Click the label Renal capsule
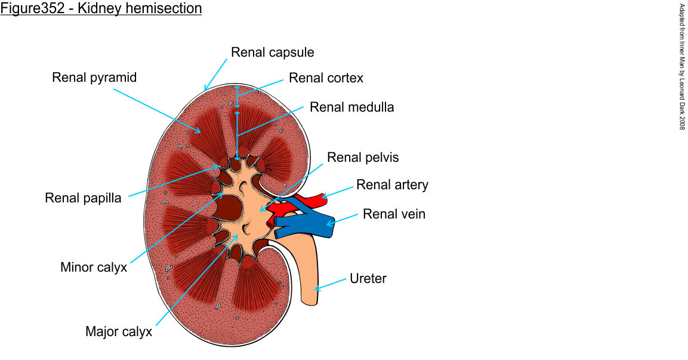point(272,52)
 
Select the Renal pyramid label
point(94,78)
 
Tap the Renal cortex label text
point(326,78)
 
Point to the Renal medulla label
point(351,107)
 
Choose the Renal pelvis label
point(363,158)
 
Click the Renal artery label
point(392,184)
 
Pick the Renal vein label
point(394,214)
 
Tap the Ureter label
point(368,278)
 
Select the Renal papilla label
point(83,198)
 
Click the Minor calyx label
point(94,267)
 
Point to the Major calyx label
point(119,331)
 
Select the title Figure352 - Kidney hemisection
point(101,9)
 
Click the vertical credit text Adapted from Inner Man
point(682,66)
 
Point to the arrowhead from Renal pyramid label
point(198,131)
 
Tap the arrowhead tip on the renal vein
point(328,224)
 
